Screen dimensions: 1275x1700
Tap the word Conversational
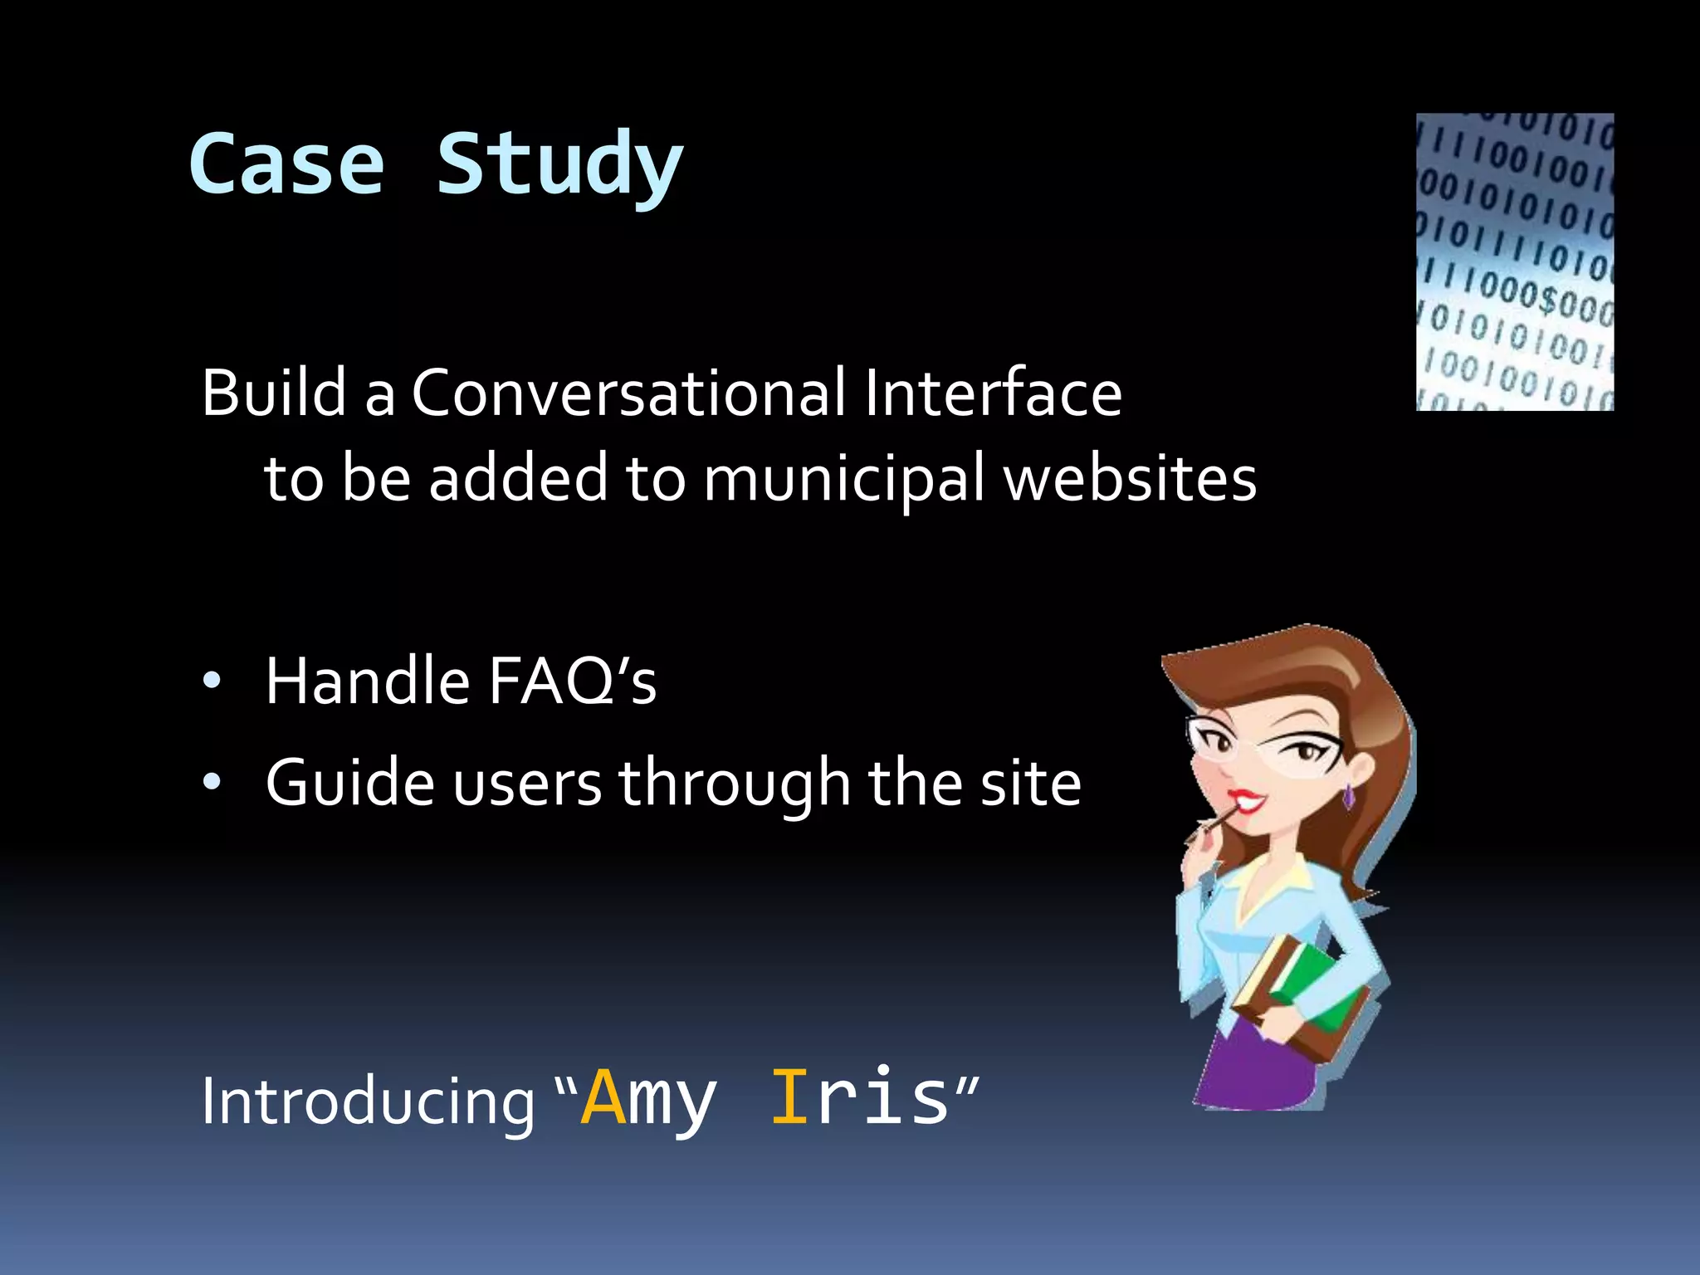(628, 393)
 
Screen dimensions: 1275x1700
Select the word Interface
(992, 393)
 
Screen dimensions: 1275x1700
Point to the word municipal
(843, 480)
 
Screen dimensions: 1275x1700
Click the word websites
(1130, 480)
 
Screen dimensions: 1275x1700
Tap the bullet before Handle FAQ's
(212, 681)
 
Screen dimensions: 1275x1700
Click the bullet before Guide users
(212, 782)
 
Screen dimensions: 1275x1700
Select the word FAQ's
(572, 681)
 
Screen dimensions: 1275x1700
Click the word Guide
(349, 782)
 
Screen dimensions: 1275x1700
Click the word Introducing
(368, 1102)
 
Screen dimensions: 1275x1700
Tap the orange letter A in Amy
(603, 1097)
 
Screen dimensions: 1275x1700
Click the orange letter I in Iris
(789, 1097)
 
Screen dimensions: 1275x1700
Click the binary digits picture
(1514, 261)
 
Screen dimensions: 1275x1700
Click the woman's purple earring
(1349, 795)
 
